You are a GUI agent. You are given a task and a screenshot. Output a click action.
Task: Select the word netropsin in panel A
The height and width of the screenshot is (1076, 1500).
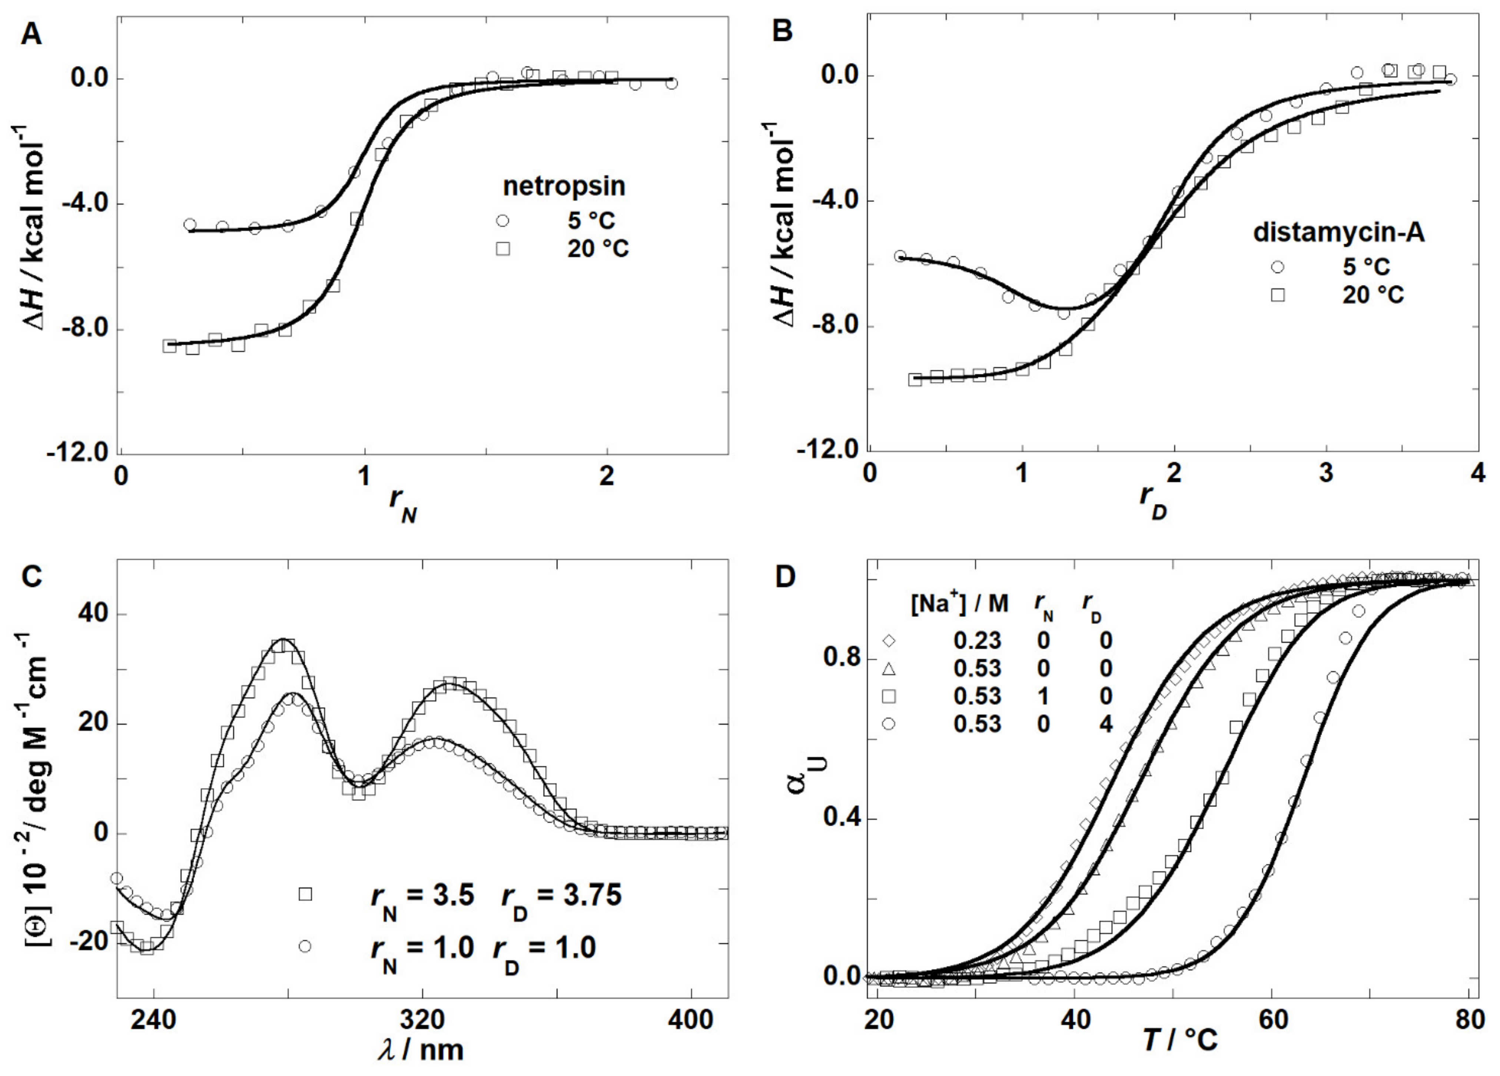click(564, 186)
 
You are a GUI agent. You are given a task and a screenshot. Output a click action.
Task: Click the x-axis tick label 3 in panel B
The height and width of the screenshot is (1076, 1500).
click(1326, 474)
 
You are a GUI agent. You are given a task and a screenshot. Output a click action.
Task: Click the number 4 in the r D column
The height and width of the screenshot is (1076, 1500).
click(1105, 724)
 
